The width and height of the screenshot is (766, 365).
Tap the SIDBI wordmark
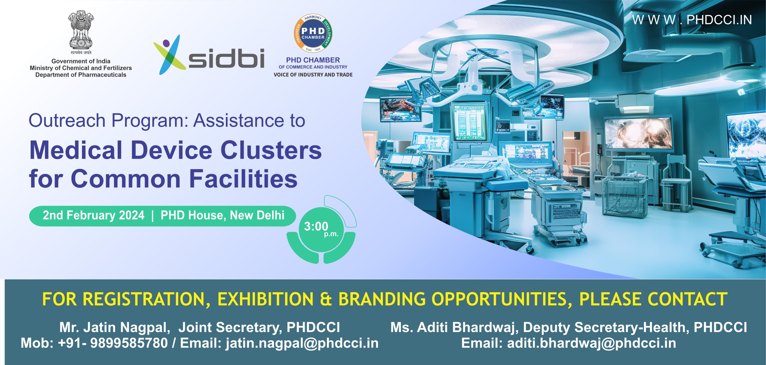[226, 58]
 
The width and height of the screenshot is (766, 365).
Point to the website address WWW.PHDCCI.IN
[692, 20]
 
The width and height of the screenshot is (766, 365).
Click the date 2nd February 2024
[93, 215]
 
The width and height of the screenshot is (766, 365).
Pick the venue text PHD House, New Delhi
[222, 215]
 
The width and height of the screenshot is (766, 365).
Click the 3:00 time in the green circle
[316, 226]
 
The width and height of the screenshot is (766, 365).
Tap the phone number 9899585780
[129, 343]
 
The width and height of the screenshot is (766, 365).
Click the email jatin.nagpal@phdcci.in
[302, 343]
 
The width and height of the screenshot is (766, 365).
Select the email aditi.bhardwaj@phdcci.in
[591, 343]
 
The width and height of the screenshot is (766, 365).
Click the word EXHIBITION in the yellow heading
[265, 299]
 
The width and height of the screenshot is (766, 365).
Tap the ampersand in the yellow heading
[326, 299]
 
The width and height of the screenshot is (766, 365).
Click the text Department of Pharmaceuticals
[81, 75]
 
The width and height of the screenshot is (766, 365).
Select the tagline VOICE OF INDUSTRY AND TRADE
[313, 75]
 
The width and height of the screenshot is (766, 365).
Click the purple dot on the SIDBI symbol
[166, 43]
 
